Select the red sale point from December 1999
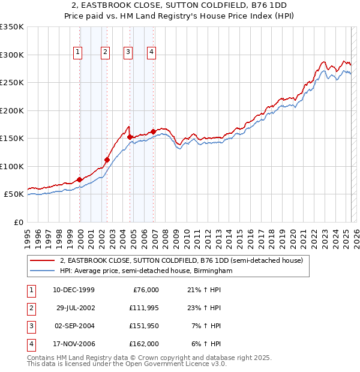(80, 179)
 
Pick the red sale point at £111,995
(107, 160)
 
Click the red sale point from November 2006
(154, 131)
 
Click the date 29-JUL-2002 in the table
(75, 308)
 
